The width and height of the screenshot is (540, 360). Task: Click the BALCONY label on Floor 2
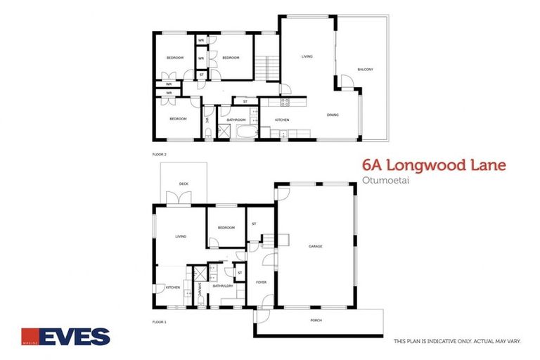(x=364, y=69)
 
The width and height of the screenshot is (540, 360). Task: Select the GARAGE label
(x=315, y=246)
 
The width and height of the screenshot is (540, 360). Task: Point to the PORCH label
(x=316, y=320)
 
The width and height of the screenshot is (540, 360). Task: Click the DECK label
(x=184, y=184)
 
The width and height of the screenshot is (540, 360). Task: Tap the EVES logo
(x=66, y=337)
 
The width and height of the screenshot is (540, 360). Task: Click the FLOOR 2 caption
(x=160, y=153)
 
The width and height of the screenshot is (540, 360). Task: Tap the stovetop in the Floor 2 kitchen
(x=285, y=102)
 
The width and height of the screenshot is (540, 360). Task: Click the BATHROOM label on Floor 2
(x=236, y=120)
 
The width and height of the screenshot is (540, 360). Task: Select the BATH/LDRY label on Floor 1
(x=223, y=286)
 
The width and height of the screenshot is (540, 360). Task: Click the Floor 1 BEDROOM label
(x=226, y=228)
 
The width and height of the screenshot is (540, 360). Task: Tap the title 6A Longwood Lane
(x=433, y=166)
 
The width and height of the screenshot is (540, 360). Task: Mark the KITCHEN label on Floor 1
(x=173, y=287)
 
